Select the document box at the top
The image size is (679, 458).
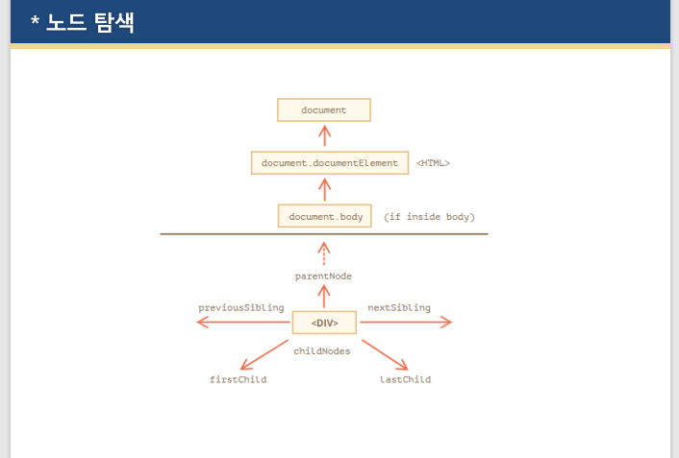[x=323, y=110]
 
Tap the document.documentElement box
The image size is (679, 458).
[x=329, y=163]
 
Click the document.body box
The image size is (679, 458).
[x=325, y=217]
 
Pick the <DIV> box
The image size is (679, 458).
[x=324, y=323]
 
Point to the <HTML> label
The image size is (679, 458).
[x=433, y=163]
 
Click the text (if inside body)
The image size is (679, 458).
[x=429, y=217]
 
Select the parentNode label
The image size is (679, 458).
[x=323, y=277]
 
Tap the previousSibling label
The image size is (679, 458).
[x=241, y=308]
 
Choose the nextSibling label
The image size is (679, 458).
[x=399, y=308]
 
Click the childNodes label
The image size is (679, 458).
[x=322, y=351]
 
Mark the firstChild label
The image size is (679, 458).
[x=239, y=380]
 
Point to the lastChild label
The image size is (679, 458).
[x=405, y=380]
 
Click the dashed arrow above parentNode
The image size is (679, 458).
[x=324, y=254]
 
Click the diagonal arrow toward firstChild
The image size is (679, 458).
[x=264, y=355]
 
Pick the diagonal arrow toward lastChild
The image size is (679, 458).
[x=385, y=355]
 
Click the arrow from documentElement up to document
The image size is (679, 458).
[x=324, y=135]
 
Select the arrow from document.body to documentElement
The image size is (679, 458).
[x=324, y=189]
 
